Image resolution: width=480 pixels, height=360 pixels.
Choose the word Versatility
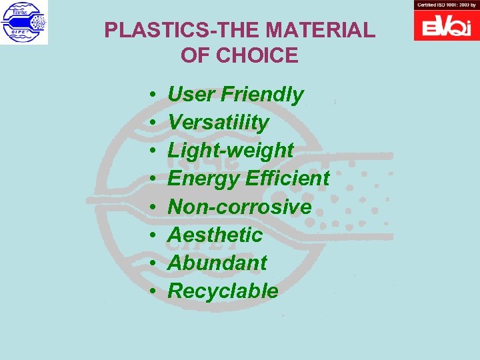(x=218, y=123)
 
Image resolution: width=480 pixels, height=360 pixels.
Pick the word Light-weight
(x=230, y=151)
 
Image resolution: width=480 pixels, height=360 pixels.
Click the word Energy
(x=203, y=179)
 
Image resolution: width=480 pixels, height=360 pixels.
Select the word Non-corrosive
(x=239, y=207)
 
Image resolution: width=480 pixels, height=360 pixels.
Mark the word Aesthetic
(x=215, y=235)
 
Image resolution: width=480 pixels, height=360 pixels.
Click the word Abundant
(x=217, y=263)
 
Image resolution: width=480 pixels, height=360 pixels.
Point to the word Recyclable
(x=223, y=291)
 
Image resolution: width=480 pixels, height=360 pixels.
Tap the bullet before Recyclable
(x=153, y=291)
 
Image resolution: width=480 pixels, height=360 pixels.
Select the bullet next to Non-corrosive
(x=153, y=207)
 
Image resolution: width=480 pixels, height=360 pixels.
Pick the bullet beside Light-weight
(x=153, y=151)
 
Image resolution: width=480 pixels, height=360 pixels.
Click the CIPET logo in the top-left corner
(x=24, y=22)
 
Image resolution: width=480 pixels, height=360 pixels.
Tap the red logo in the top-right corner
(x=447, y=25)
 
